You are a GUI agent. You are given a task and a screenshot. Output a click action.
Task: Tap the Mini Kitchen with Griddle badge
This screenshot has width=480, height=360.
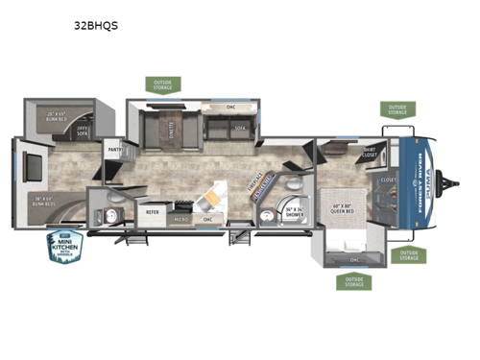point(65,247)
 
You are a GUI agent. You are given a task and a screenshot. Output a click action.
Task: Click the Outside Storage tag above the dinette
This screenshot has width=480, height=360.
point(162,85)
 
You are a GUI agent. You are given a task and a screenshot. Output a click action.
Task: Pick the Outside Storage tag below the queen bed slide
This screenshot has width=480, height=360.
point(351,282)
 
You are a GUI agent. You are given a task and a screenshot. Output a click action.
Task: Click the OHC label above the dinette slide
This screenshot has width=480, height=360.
point(230,108)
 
